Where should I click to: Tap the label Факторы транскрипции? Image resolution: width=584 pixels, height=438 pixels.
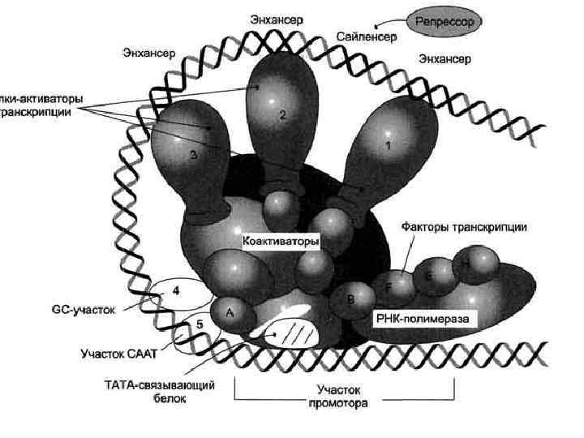coord(463,228)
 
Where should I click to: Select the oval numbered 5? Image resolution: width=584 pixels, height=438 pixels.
coord(198,326)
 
